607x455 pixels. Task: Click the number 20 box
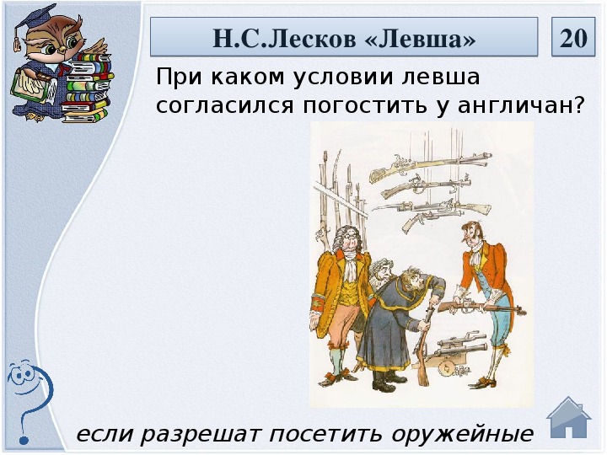click(x=573, y=37)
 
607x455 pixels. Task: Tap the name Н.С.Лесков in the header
click(x=284, y=38)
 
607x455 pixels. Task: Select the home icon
click(x=569, y=418)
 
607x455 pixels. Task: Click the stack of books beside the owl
click(x=87, y=87)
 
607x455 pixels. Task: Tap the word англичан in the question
click(x=521, y=104)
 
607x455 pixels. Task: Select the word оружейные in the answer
click(x=462, y=434)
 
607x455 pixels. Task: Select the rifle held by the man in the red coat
click(x=482, y=307)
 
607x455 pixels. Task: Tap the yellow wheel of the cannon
click(x=446, y=367)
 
